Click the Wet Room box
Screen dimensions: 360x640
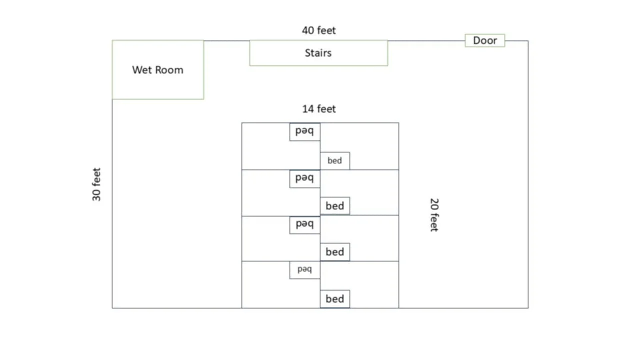click(x=157, y=69)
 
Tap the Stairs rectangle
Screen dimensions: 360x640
click(x=318, y=52)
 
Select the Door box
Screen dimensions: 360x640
click(x=484, y=40)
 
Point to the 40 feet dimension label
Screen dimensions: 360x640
click(x=319, y=30)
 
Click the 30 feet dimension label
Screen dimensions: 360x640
click(x=96, y=184)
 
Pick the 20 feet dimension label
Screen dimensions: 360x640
click(x=434, y=215)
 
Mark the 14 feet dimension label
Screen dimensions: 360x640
click(x=319, y=109)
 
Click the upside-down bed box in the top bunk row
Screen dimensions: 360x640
click(x=304, y=131)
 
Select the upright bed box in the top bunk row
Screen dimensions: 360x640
click(x=334, y=160)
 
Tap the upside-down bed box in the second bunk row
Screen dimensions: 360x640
click(x=304, y=178)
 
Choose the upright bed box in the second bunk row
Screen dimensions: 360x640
click(x=334, y=206)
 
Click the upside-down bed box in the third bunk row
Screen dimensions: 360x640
click(x=304, y=224)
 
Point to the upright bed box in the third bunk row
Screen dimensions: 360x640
click(x=334, y=252)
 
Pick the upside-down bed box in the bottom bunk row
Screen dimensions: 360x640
click(x=304, y=270)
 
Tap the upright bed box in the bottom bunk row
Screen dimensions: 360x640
click(x=334, y=299)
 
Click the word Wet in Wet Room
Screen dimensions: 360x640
click(x=141, y=69)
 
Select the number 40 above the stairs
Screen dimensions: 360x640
click(x=308, y=30)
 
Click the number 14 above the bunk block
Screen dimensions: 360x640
click(x=308, y=109)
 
